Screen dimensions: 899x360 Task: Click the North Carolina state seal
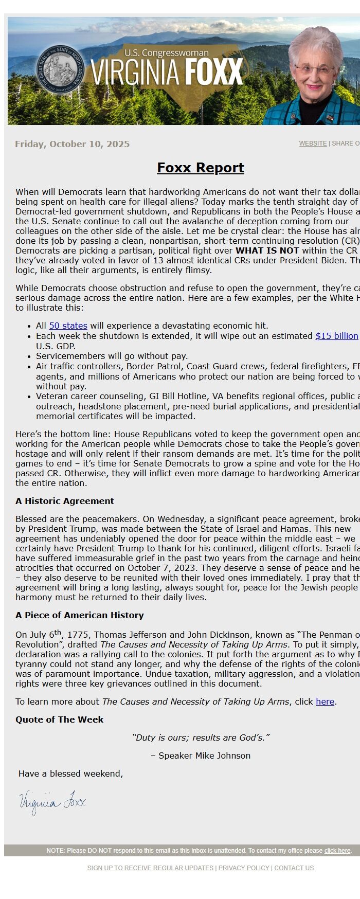point(59,69)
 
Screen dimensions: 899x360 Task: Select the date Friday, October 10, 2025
point(72,144)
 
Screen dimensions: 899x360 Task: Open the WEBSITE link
point(313,143)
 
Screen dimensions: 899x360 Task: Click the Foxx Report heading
point(200,168)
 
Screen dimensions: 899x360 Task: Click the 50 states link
point(68,326)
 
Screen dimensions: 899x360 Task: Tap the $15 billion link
point(336,336)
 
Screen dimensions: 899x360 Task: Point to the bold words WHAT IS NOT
point(267,250)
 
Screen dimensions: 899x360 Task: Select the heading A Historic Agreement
point(64,501)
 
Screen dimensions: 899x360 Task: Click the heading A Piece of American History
point(79,615)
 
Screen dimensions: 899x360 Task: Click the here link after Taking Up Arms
point(325,702)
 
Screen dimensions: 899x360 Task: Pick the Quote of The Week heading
point(59,720)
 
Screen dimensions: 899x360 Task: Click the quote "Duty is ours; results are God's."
point(201,738)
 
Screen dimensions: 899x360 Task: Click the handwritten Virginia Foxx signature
point(52,802)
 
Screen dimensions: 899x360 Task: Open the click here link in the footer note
point(337,851)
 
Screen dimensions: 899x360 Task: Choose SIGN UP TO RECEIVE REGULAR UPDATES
point(150,868)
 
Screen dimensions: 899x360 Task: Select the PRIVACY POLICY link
point(244,868)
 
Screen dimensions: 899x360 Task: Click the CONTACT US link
point(294,868)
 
